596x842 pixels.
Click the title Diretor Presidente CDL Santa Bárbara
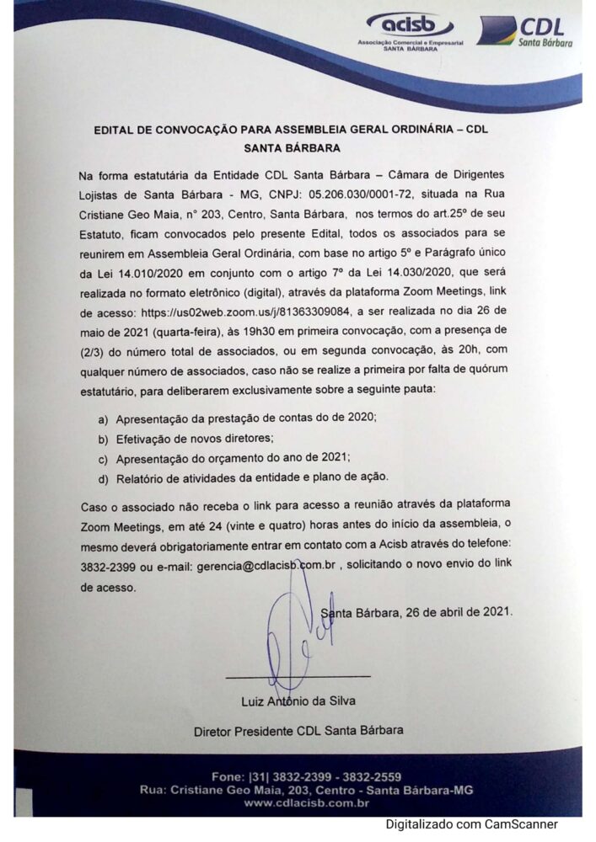coord(298,729)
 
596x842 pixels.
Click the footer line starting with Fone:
coord(307,775)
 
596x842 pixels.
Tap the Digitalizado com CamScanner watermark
coord(472,824)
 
